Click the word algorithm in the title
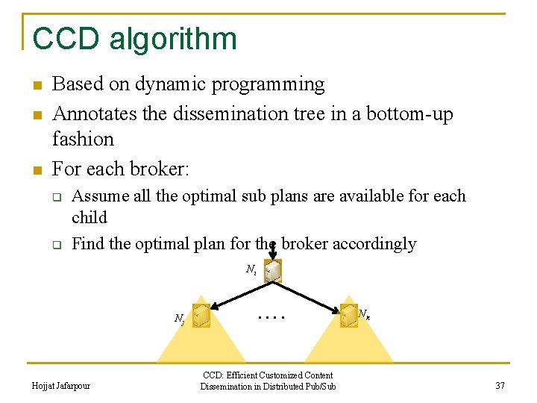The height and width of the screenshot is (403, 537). coord(173,40)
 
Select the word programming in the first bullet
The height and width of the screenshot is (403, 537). coord(270,84)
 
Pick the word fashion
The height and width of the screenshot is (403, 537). coord(83,139)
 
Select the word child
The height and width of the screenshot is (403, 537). coord(89,217)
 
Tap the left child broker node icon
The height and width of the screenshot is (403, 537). coord(200,316)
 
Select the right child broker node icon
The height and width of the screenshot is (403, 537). coord(348,316)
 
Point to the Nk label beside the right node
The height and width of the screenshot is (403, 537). coord(365,314)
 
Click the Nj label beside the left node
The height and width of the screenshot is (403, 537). coord(179,319)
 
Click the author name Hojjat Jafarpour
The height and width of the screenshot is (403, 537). coord(61,386)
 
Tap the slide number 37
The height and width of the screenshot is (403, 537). coord(499,386)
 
